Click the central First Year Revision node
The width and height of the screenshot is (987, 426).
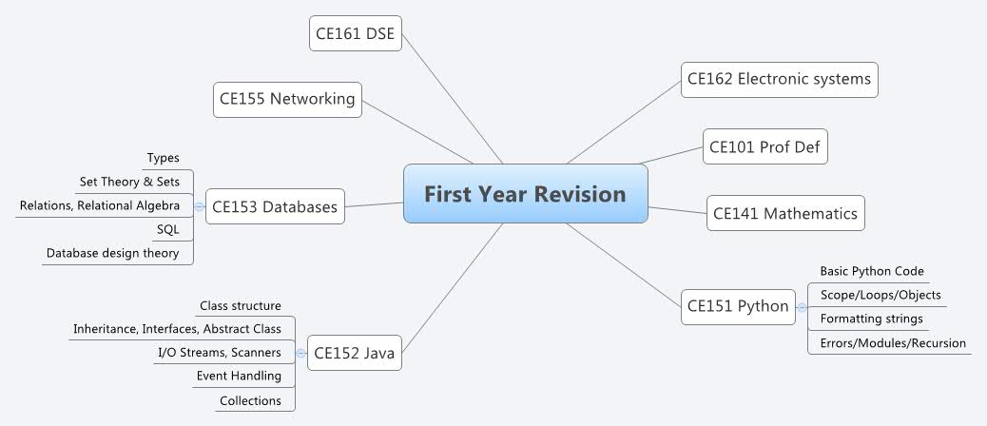pos(525,194)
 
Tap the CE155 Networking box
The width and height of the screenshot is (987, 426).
pos(287,98)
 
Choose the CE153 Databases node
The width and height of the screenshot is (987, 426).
pos(275,206)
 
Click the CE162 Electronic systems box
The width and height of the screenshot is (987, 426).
pos(779,80)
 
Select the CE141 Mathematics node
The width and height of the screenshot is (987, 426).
pos(785,213)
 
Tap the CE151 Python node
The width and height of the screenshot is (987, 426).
pos(738,306)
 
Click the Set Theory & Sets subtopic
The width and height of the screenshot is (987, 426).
pos(129,181)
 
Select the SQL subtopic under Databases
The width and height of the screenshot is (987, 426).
pos(167,229)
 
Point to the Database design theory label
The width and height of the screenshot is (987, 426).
pos(113,253)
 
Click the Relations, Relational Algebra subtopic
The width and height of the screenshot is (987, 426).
pos(100,204)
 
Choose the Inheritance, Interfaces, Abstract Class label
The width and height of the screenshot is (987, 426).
pos(177,329)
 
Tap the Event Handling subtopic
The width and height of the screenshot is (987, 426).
pos(239,376)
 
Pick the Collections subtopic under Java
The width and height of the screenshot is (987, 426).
pos(250,400)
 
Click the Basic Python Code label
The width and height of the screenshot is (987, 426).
pos(872,271)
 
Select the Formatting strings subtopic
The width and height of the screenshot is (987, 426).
pos(871,318)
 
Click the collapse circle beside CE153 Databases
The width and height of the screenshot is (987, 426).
pos(199,206)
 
